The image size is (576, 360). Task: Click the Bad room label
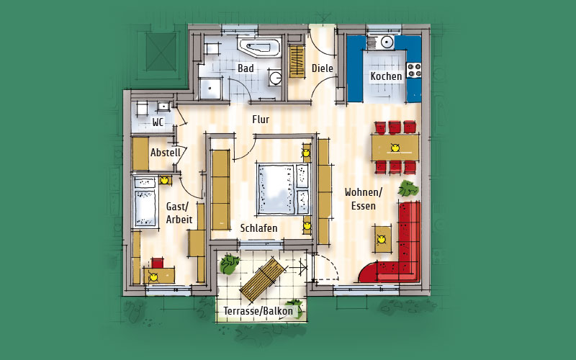pyautogui.click(x=246, y=68)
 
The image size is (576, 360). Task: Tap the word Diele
pyautogui.click(x=322, y=68)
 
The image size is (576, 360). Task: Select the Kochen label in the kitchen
pyautogui.click(x=386, y=76)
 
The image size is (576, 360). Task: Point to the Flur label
pyautogui.click(x=261, y=120)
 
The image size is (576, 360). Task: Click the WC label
pyautogui.click(x=158, y=122)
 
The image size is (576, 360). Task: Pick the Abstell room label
pyautogui.click(x=166, y=153)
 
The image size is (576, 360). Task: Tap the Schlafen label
pyautogui.click(x=258, y=228)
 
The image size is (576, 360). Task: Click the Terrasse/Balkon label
pyautogui.click(x=258, y=312)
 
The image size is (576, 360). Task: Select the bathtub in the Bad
pyautogui.click(x=259, y=47)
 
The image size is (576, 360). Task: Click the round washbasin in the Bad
pyautogui.click(x=275, y=78)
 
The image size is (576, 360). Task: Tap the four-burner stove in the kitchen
pyautogui.click(x=413, y=70)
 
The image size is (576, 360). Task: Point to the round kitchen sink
pyautogui.click(x=387, y=42)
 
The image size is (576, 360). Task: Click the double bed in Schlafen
pyautogui.click(x=284, y=189)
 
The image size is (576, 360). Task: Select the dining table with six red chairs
pyautogui.click(x=395, y=148)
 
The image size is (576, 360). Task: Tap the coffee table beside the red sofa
pyautogui.click(x=382, y=239)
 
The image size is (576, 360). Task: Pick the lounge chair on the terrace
pyautogui.click(x=263, y=279)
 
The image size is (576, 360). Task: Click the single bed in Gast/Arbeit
pyautogui.click(x=145, y=202)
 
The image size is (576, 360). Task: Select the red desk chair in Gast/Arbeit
pyautogui.click(x=158, y=263)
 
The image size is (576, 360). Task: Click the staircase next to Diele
pyautogui.click(x=297, y=61)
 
